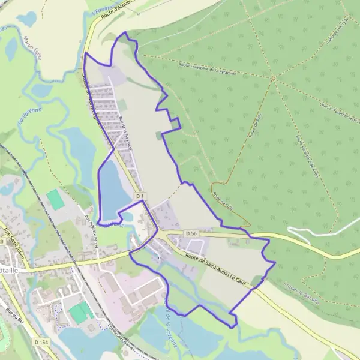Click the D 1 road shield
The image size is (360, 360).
coord(140,196)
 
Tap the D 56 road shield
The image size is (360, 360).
coord(191,233)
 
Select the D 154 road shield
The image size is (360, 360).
coord(41,342)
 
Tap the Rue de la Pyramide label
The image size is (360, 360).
coord(127,133)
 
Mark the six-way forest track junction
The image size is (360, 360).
coord(274,78)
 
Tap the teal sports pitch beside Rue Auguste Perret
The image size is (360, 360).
coord(55,199)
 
